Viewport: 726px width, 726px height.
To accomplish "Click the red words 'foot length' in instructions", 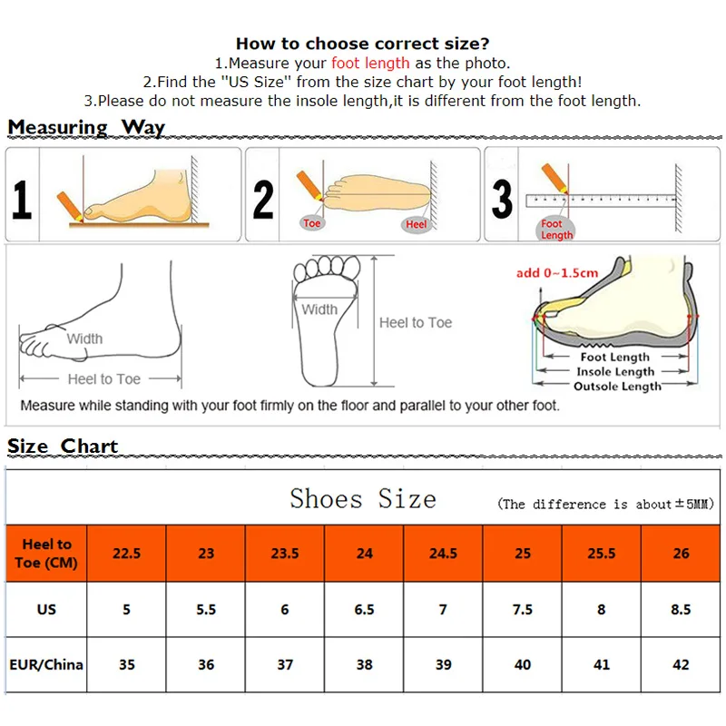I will (x=370, y=63).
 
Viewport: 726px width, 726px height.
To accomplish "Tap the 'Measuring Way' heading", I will (x=86, y=127).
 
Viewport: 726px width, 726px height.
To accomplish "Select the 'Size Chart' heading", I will (x=63, y=446).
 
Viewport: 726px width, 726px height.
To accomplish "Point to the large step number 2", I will (x=263, y=199).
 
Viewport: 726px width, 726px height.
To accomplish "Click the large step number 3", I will (x=502, y=199).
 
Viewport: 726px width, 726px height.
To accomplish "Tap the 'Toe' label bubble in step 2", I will (x=312, y=223).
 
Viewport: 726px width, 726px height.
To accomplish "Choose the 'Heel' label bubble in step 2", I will (x=417, y=224).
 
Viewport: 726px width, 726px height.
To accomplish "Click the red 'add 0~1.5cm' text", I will (x=557, y=273).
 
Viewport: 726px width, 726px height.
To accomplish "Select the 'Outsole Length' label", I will (x=617, y=387).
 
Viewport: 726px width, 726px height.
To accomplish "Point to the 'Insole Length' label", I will (x=616, y=372).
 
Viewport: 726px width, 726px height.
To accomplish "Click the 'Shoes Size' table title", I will (x=363, y=499).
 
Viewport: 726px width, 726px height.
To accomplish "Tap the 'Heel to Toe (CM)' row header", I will (x=46, y=553).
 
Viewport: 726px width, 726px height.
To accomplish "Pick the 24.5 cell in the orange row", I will (x=443, y=553).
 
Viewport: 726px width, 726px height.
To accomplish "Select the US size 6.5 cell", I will (x=364, y=609).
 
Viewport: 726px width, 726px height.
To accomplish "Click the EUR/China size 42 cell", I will (x=681, y=664).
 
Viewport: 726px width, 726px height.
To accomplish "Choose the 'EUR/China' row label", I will (x=46, y=664).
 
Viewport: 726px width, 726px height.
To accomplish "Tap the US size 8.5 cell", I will (x=681, y=609).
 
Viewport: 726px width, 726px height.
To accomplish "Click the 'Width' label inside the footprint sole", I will (x=319, y=309).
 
